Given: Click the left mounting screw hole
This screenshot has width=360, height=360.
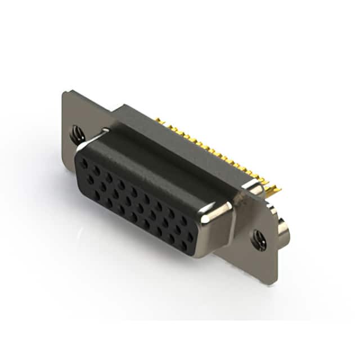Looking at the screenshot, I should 77,134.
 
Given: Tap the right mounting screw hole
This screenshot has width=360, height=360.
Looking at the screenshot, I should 259,239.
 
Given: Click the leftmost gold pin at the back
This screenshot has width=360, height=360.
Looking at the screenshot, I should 158,120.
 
